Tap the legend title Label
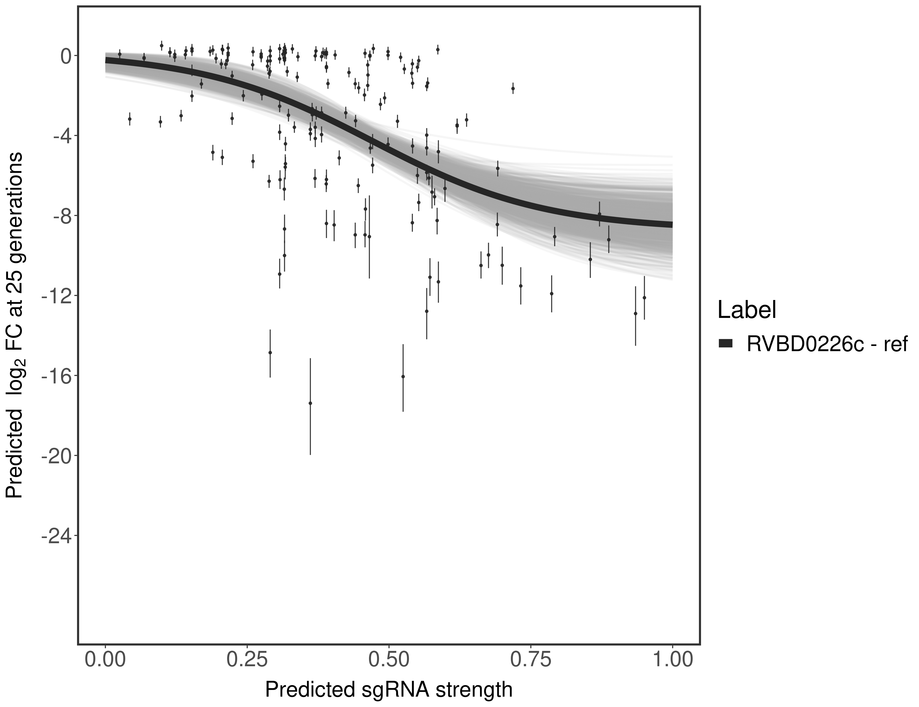coord(747,310)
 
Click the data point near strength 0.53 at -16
coord(403,376)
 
